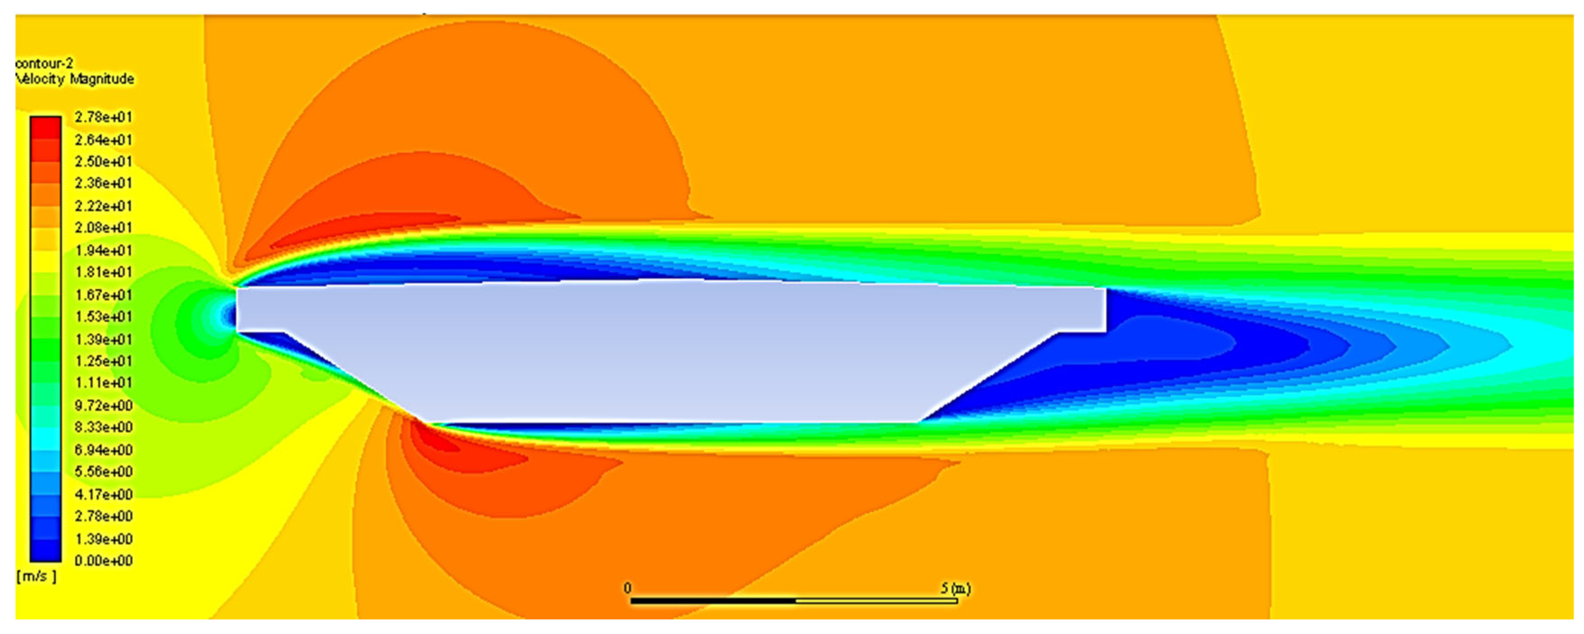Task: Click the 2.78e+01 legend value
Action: click(x=103, y=117)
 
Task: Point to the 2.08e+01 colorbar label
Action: click(x=103, y=228)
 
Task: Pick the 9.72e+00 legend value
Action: click(x=103, y=405)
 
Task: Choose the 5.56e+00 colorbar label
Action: click(x=103, y=472)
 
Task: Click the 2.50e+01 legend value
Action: click(x=103, y=161)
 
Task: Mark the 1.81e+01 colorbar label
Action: click(x=103, y=272)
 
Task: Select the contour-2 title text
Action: click(x=44, y=63)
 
